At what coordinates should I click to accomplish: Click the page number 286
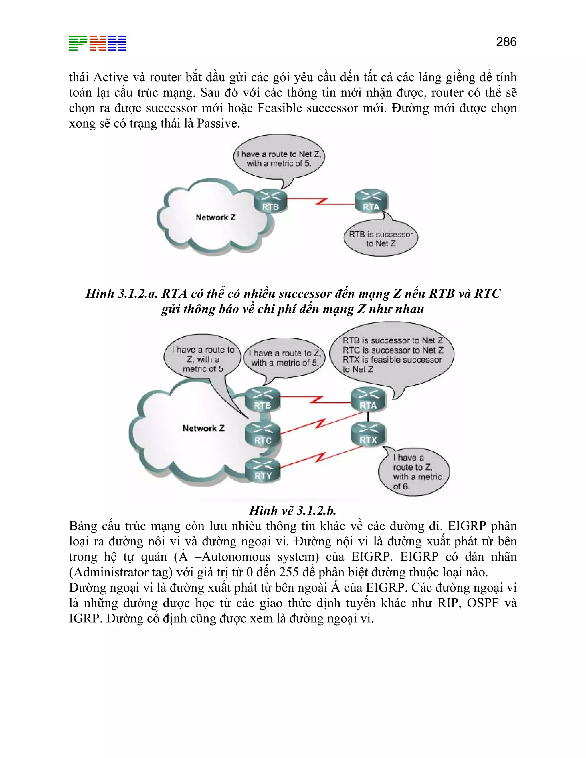[506, 42]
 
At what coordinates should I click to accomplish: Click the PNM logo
[98, 43]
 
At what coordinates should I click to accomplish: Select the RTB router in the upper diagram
[270, 201]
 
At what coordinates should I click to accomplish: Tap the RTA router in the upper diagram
[371, 201]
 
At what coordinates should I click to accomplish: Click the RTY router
[262, 470]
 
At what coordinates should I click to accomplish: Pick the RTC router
[262, 434]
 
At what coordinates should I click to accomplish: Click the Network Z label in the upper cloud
[215, 218]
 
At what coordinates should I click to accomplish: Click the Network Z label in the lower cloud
[203, 428]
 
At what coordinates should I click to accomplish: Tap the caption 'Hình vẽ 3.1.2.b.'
[293, 511]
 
